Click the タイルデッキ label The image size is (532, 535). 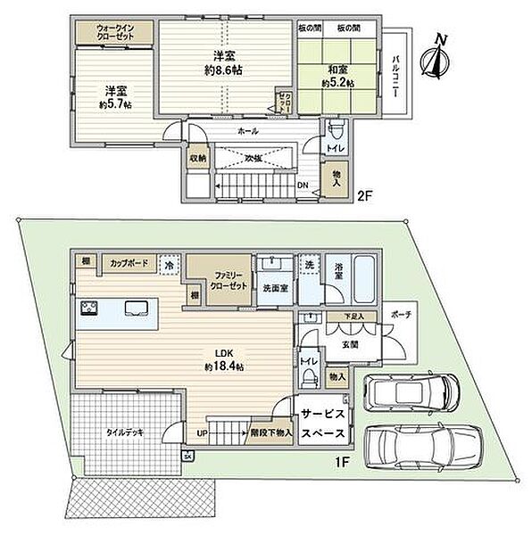[x=126, y=432]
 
